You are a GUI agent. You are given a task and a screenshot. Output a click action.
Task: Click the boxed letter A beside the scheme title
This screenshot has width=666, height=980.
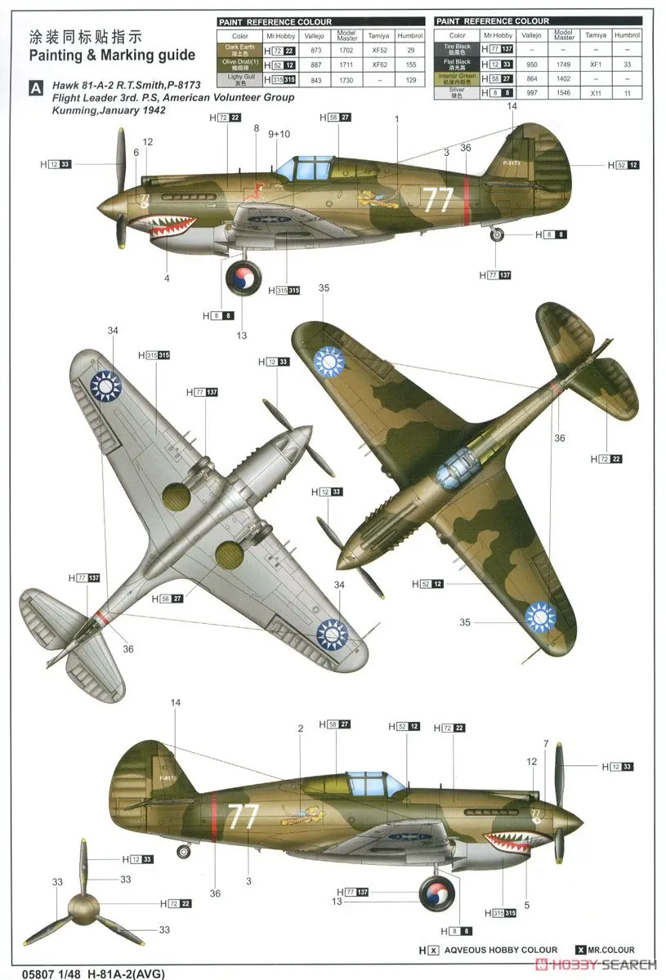(35, 87)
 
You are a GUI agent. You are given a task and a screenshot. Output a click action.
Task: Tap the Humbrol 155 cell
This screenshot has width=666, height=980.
(410, 65)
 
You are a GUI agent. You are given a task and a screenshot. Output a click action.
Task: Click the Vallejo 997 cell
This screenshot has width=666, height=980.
(533, 93)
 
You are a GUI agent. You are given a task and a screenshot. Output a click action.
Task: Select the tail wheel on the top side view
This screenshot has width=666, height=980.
(498, 235)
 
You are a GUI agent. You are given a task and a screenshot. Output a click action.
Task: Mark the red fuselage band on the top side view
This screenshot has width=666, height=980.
(467, 200)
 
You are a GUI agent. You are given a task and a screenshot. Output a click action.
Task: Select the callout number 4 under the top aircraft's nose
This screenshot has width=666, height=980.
(167, 278)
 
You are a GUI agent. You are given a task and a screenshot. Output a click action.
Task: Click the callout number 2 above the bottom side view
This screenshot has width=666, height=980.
(301, 728)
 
